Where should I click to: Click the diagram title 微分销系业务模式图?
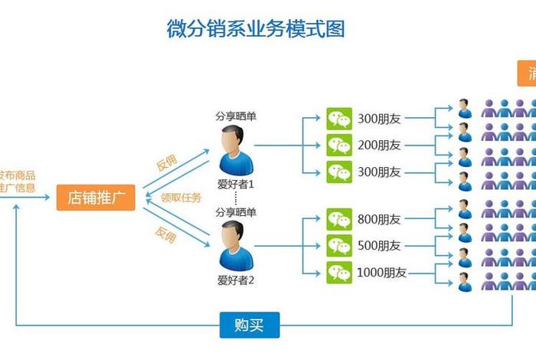pos(256,29)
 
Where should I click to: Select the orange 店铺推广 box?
pos(96,198)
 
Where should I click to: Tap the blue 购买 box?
pos(250,326)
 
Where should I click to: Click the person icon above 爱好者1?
pos(235,151)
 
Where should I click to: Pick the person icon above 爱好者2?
pos(235,247)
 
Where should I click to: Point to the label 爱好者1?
pos(235,185)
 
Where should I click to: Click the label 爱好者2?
pos(235,280)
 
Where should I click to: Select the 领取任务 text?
pos(181,198)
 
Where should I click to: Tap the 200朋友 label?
pos(379,145)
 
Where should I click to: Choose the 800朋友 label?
pos(379,220)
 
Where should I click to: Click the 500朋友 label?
pos(379,246)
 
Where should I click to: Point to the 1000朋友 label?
pos(382,272)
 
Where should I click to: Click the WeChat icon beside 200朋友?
pos(339,145)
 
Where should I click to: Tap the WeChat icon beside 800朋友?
pos(339,220)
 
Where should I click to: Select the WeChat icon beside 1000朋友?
pos(339,272)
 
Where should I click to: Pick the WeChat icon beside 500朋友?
pos(339,246)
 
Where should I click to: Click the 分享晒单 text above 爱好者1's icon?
pos(235,116)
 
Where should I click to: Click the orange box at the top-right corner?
pos(527,74)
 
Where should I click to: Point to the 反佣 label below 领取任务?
pos(165,235)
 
